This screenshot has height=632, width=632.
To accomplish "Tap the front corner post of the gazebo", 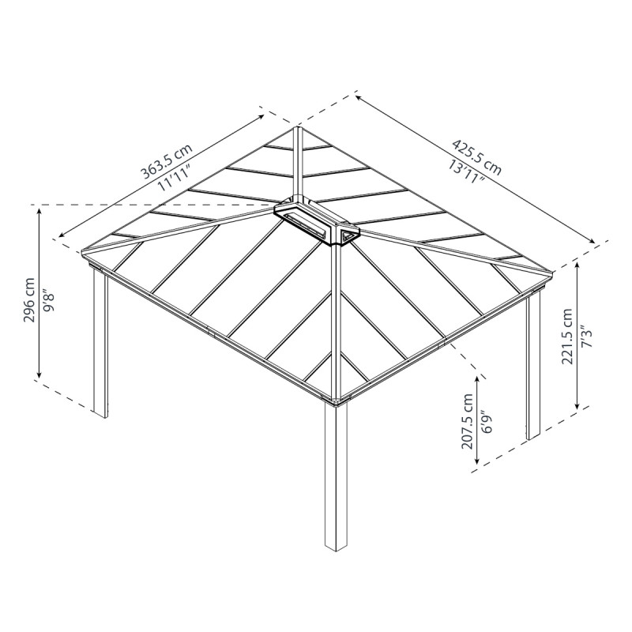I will pyautogui.click(x=336, y=474).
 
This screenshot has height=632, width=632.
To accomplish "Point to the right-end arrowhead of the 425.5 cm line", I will pyautogui.click(x=597, y=241).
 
